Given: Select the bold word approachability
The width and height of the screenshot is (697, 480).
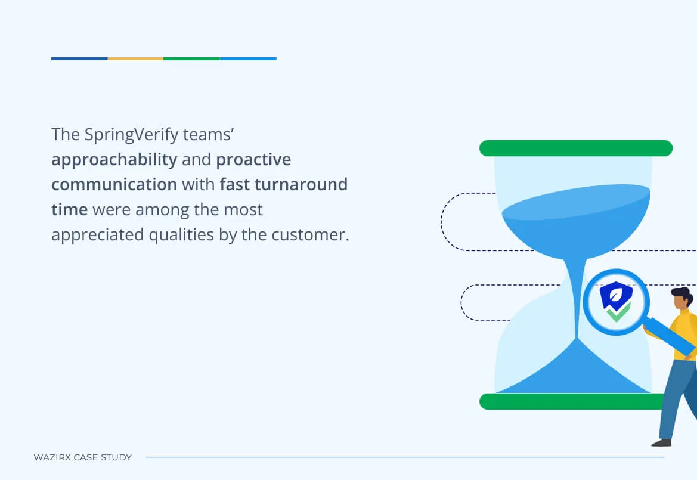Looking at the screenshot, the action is tap(114, 160).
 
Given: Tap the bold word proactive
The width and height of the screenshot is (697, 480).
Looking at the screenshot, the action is tap(253, 160).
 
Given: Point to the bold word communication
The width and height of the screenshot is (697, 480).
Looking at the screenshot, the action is tap(114, 184).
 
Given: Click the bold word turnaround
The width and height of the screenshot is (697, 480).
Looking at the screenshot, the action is tap(301, 184).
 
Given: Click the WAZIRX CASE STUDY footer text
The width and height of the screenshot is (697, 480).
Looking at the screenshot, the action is tap(83, 457).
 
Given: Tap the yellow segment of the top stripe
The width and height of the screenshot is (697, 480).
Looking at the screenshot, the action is tap(135, 58).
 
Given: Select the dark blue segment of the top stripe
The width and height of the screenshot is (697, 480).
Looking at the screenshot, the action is tap(79, 58).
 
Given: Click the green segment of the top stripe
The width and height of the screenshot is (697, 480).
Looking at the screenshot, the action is tap(191, 58).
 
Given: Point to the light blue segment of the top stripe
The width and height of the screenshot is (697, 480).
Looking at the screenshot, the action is tap(248, 58).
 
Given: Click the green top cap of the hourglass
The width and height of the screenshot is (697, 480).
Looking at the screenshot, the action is tap(575, 148).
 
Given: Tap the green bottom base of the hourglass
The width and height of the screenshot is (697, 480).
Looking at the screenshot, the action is tap(571, 401).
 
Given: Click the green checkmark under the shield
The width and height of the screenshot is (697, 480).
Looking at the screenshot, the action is tap(618, 312).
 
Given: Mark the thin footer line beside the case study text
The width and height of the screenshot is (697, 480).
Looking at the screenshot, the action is tap(405, 457).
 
